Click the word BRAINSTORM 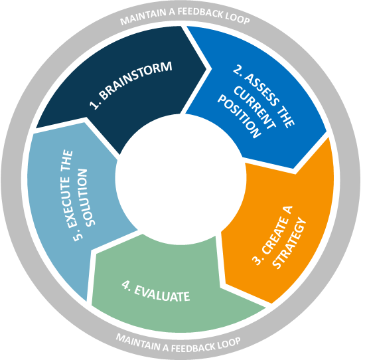[136, 80]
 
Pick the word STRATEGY [289, 243]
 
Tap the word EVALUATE [162, 293]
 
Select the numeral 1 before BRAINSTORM [94, 106]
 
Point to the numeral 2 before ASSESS [237, 69]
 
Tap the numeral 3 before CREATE [256, 260]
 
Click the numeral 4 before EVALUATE [125, 285]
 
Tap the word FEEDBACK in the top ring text [200, 12]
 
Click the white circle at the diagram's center [181, 179]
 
